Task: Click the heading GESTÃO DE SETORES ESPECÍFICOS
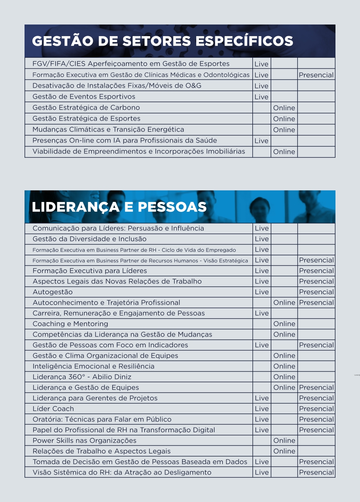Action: click(x=163, y=41)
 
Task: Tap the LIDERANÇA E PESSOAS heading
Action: click(x=119, y=207)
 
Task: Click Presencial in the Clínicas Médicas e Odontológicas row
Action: click(x=316, y=75)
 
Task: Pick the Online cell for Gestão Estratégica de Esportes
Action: click(x=284, y=119)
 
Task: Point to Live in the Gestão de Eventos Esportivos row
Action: click(x=261, y=97)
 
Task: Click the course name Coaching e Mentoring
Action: click(x=70, y=324)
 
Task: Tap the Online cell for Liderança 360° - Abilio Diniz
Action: click(x=284, y=377)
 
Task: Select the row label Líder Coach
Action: click(x=53, y=408)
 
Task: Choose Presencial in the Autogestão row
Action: click(x=316, y=292)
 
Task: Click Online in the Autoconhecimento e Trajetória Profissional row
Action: click(x=284, y=303)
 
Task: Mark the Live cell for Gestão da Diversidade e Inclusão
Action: click(x=261, y=239)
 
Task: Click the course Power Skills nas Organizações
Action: click(x=84, y=440)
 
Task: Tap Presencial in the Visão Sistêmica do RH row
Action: click(x=316, y=472)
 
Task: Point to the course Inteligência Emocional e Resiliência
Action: click(x=94, y=366)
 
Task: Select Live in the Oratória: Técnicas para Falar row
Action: click(x=261, y=419)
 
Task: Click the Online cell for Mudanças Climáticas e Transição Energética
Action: click(x=284, y=130)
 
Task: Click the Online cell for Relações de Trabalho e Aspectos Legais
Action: click(x=284, y=451)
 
